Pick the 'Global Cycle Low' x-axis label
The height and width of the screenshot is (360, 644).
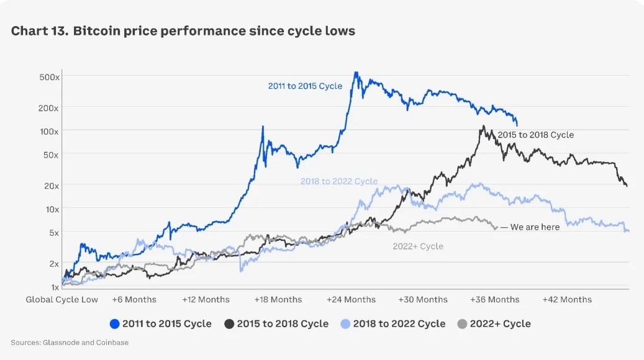point(61,300)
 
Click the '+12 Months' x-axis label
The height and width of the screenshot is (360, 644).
point(206,300)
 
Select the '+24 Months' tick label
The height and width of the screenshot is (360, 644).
point(351,300)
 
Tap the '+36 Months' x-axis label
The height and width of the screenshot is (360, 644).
point(494,300)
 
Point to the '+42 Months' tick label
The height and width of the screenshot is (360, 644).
point(567,300)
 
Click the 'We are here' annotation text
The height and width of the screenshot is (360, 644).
point(535,227)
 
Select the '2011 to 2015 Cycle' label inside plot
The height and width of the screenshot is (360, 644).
point(305,86)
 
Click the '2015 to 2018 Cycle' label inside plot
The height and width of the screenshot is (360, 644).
point(536,135)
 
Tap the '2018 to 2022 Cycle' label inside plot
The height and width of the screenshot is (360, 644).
point(339,181)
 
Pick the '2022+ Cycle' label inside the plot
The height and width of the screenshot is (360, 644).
point(418,246)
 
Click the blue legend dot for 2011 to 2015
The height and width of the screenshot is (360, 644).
point(114,324)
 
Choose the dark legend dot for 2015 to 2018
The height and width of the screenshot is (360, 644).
point(229,324)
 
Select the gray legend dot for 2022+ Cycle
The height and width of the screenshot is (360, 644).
point(461,324)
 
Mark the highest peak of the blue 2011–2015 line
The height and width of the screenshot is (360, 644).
point(356,73)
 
